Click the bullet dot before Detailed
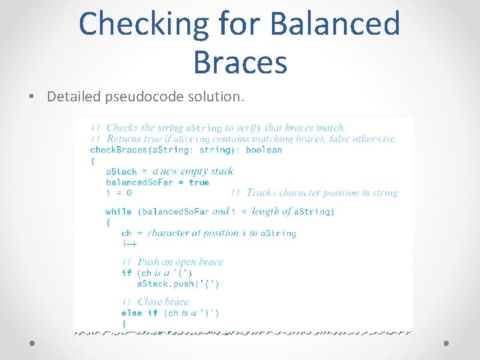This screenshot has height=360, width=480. tap(33, 97)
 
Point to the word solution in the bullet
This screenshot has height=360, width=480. tap(216, 97)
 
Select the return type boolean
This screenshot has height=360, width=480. tap(264, 150)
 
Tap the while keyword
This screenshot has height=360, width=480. tap(119, 212)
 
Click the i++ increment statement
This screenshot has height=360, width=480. tap(129, 244)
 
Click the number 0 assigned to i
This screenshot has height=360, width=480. tap(129, 193)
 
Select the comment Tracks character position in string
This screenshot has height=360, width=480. tap(321, 193)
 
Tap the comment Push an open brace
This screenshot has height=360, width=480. tap(180, 262)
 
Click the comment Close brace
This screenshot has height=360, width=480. tap(163, 302)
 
